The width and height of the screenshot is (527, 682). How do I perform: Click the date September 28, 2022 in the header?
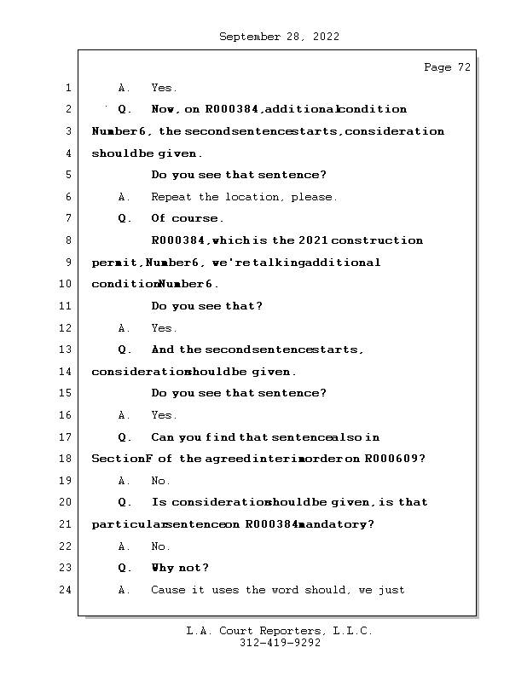pyautogui.click(x=279, y=37)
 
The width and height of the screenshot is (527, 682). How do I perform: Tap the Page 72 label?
pyautogui.click(x=447, y=67)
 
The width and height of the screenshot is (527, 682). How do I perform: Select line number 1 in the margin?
pyautogui.click(x=67, y=88)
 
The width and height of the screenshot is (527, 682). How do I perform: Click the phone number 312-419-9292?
pyautogui.click(x=279, y=644)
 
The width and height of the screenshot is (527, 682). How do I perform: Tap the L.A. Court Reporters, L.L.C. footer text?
pyautogui.click(x=279, y=631)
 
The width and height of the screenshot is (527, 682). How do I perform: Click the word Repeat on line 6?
pyautogui.click(x=172, y=197)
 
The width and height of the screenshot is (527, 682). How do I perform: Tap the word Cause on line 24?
pyautogui.click(x=167, y=590)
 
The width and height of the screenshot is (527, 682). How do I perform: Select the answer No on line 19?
pyautogui.click(x=160, y=481)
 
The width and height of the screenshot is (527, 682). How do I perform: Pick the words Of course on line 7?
pyautogui.click(x=188, y=218)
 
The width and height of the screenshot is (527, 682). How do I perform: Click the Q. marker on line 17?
pyautogui.click(x=125, y=437)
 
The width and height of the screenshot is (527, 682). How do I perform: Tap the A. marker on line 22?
pyautogui.click(x=124, y=546)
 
